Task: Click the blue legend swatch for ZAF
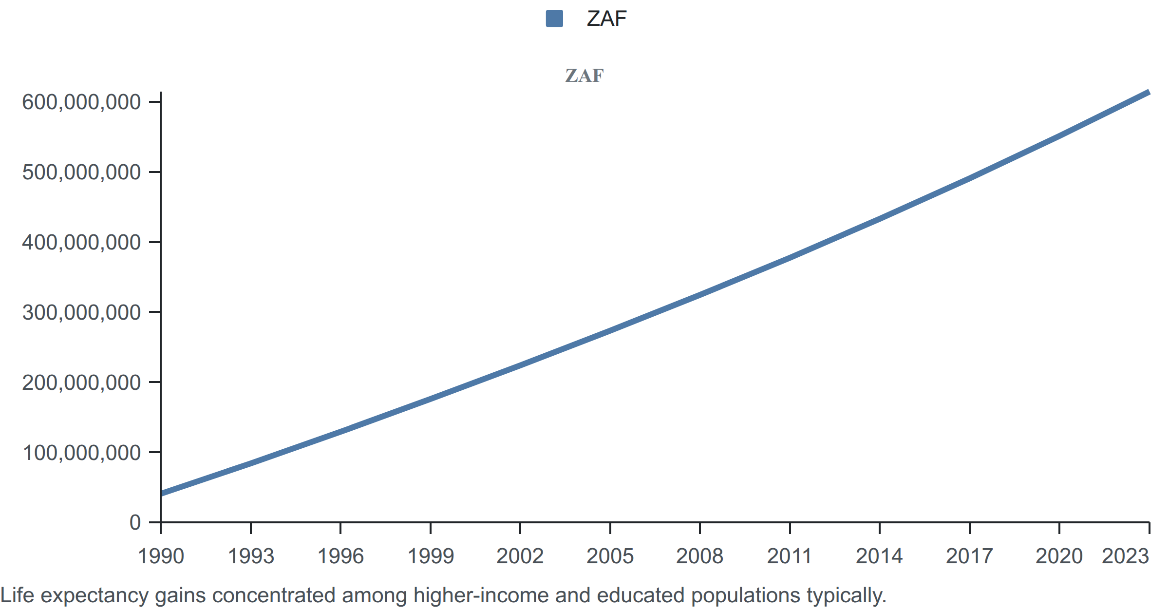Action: coord(554,19)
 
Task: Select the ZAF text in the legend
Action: coord(606,19)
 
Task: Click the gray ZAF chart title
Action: coord(584,76)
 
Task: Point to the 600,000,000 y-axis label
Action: coord(81,102)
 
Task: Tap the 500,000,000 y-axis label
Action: coord(81,172)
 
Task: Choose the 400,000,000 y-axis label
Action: coord(81,242)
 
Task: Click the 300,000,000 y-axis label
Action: coord(81,312)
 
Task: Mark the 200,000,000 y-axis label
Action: coord(81,382)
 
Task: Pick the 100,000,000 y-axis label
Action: coord(81,453)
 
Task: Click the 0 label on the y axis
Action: coord(135,522)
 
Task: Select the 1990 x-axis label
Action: coord(161,556)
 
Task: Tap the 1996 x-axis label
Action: coord(340,556)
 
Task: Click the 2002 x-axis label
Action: coord(520,556)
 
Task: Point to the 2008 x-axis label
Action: coord(699,556)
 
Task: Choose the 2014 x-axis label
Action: coord(879,556)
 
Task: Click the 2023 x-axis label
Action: coord(1125,556)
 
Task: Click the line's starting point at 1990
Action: coord(161,494)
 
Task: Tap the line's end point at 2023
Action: coord(1149,92)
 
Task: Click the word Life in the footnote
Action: coord(17,595)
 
